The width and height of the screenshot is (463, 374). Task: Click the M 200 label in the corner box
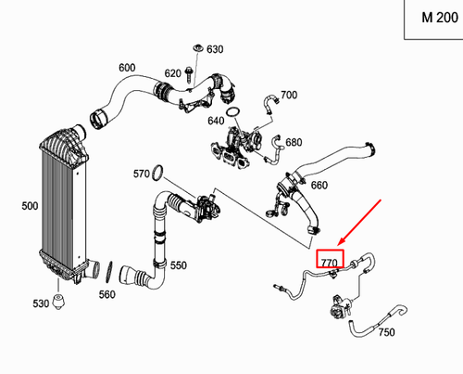(432, 18)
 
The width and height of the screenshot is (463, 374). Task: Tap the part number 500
(16, 204)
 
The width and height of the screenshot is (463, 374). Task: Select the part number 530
(41, 304)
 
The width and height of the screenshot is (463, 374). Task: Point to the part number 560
(107, 295)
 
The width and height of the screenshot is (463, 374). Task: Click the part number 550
(178, 265)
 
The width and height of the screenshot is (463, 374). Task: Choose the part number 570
(141, 174)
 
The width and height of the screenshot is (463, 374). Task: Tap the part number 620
(173, 73)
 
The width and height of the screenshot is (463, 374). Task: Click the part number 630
(215, 49)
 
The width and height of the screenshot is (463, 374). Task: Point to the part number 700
(288, 96)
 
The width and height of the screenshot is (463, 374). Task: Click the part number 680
(294, 142)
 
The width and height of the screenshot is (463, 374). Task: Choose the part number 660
(319, 185)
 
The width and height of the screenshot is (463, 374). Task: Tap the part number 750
(386, 332)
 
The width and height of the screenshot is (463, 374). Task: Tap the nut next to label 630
(197, 47)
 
